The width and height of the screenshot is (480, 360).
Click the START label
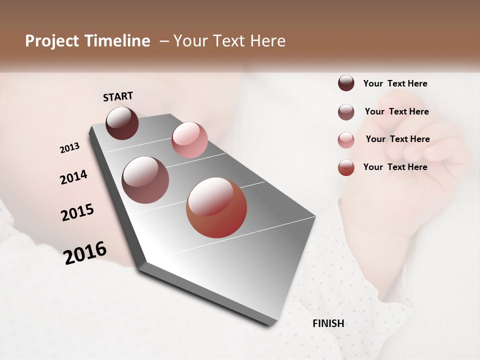(118, 96)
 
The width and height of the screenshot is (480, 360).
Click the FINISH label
(328, 323)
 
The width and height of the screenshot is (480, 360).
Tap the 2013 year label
(69, 148)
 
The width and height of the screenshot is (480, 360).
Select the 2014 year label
(73, 177)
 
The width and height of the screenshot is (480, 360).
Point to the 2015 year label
(77, 212)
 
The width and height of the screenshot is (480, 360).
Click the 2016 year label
(85, 253)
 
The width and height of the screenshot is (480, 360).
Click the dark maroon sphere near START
(122, 123)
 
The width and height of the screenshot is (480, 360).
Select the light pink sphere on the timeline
(189, 139)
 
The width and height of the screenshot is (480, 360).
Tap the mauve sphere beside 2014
(145, 180)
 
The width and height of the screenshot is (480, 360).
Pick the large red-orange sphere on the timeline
(216, 207)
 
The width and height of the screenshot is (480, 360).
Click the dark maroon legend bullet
(346, 83)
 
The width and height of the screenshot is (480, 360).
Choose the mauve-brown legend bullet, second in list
(346, 112)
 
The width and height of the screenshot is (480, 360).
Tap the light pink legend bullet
(346, 140)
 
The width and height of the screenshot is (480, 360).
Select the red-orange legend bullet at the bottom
(346, 167)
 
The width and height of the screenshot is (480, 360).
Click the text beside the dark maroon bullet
(395, 83)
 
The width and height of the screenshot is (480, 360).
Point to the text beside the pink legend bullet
(397, 139)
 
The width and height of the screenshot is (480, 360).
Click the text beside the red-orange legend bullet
(395, 167)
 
